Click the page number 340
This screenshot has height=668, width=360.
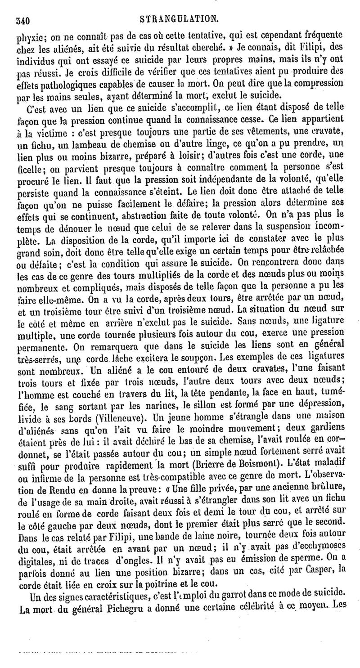22,20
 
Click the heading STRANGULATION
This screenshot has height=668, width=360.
179,19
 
